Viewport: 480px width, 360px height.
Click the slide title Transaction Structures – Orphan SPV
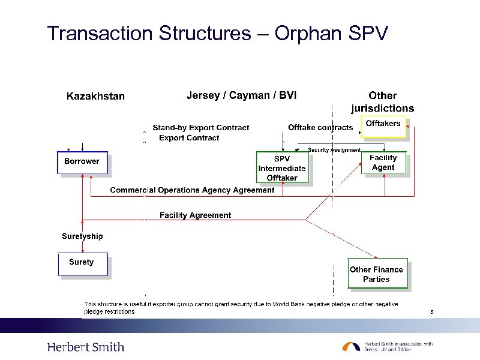[x=218, y=33]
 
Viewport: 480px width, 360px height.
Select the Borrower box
[x=82, y=162]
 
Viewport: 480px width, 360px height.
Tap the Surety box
[x=82, y=263]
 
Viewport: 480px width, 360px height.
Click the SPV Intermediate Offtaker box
[x=282, y=167]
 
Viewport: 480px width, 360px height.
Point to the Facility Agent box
[x=383, y=163]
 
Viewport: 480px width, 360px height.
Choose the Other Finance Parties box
[x=377, y=274]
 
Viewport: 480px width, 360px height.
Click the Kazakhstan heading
[x=95, y=97]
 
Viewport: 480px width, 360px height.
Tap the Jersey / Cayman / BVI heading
[x=241, y=95]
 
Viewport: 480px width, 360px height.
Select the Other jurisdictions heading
[x=382, y=102]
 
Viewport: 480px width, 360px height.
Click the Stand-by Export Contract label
[x=200, y=128]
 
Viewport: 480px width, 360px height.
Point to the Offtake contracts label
[x=320, y=128]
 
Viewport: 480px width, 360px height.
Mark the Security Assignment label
[x=334, y=150]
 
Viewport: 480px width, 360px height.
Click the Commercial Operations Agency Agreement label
[x=192, y=190]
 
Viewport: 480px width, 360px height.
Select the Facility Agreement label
[x=195, y=215]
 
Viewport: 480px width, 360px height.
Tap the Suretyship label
[x=82, y=236]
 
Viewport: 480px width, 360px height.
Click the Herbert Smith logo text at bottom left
[x=86, y=347]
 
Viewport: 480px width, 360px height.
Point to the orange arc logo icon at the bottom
[x=351, y=346]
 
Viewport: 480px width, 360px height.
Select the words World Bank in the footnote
[x=290, y=305]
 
